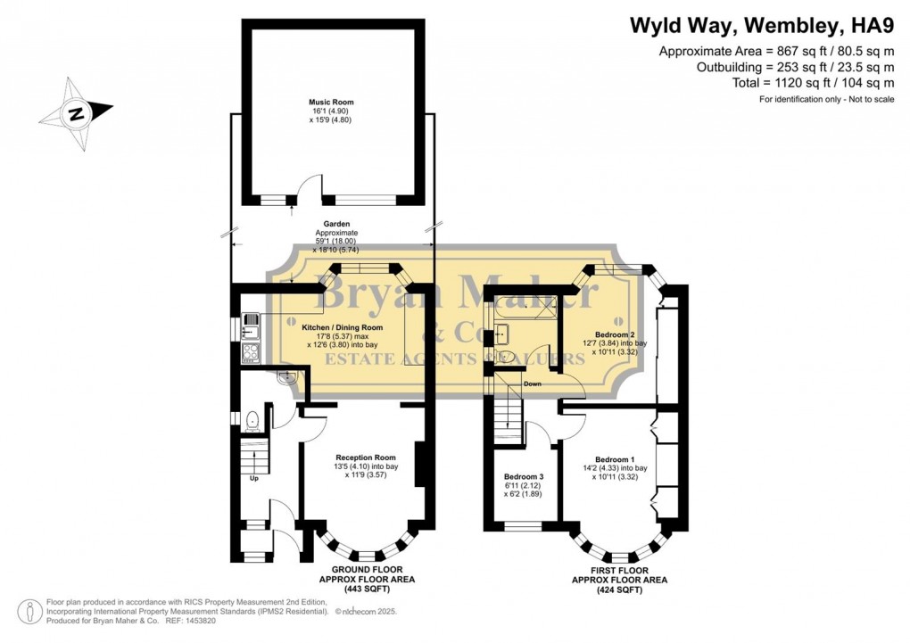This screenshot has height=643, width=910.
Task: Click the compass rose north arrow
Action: (77, 112)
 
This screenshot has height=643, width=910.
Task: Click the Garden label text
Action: (336, 225)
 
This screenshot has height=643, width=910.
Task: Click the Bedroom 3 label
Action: (523, 476)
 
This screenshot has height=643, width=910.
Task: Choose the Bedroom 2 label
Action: (614, 334)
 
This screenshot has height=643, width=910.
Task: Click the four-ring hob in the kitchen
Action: (250, 351)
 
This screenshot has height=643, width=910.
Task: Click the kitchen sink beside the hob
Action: (250, 322)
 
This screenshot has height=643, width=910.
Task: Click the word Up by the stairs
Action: (254, 478)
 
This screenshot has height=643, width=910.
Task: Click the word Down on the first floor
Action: (533, 384)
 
